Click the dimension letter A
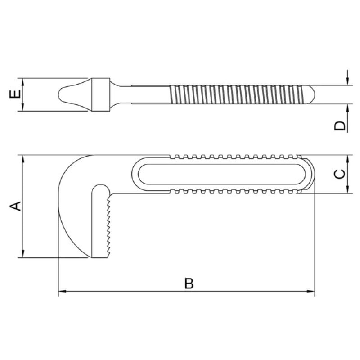pyautogui.click(x=16, y=206)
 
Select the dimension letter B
pyautogui.click(x=189, y=283)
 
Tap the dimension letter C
pyautogui.click(x=340, y=174)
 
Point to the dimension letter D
pyautogui.click(x=340, y=126)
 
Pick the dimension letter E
pyautogui.click(x=15, y=94)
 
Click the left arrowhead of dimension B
pyautogui.click(x=62, y=291)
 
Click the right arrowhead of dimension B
pyautogui.click(x=310, y=291)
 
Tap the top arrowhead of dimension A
pyautogui.click(x=23, y=159)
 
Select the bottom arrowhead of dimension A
pyautogui.click(x=23, y=254)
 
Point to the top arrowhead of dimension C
pyautogui.click(x=347, y=159)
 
